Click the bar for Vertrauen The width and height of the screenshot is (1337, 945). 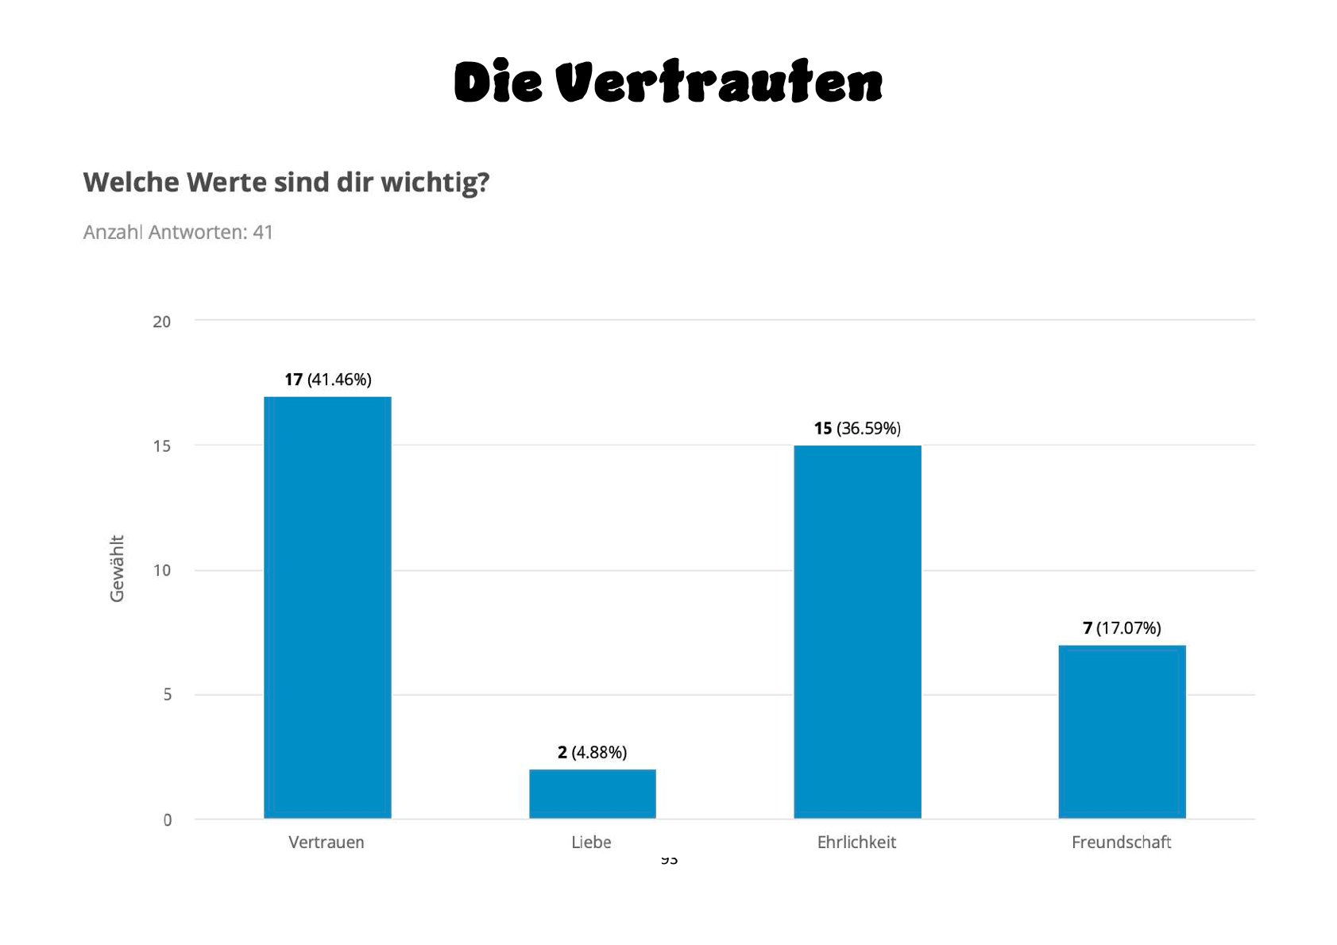point(327,607)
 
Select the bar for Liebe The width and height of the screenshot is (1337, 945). point(593,793)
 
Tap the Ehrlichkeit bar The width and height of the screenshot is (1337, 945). point(857,631)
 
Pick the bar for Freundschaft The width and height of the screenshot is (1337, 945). point(1122,731)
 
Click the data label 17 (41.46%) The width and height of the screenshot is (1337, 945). point(328,380)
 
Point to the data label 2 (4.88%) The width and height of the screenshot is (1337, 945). point(592,752)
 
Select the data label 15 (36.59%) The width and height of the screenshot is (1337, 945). point(857,429)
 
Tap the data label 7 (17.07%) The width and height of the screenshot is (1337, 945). point(1122,628)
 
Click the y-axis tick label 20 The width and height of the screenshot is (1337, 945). point(161,322)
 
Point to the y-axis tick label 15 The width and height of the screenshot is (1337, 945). point(161,446)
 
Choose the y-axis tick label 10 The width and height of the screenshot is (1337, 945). point(161,570)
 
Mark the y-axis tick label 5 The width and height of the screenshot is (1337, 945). point(167,695)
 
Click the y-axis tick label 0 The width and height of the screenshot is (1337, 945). point(167,820)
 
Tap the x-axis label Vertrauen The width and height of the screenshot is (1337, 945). point(327,843)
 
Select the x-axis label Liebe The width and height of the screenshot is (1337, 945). point(591,843)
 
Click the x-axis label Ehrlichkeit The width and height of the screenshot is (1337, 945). point(856,843)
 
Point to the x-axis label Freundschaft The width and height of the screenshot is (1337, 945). point(1121,843)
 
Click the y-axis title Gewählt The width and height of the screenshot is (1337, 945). point(118,569)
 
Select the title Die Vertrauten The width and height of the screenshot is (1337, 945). point(668,82)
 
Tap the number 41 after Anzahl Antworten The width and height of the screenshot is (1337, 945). point(263,233)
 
